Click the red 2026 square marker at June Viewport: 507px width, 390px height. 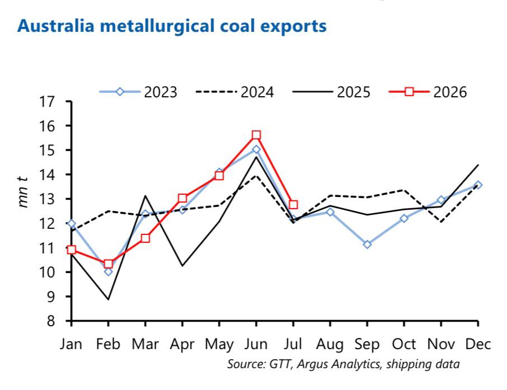[x=256, y=135]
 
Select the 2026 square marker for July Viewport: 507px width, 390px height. [x=293, y=205]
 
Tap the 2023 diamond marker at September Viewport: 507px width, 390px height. [x=367, y=245]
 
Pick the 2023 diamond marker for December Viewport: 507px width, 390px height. [x=478, y=185]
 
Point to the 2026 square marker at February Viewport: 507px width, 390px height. [x=108, y=264]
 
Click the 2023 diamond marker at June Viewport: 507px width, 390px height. [x=256, y=149]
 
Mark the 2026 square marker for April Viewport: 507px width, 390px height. [x=183, y=198]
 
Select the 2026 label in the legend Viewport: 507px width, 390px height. [x=450, y=92]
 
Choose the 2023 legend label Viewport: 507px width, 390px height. [x=161, y=92]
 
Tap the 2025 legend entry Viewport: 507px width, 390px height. [x=331, y=92]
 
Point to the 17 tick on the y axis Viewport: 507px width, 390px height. [x=47, y=102]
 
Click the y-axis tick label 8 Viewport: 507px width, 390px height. [x=51, y=321]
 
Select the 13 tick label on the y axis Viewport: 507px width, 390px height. [x=47, y=199]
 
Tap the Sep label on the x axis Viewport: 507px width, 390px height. [x=367, y=345]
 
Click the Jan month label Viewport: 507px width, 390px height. [x=71, y=344]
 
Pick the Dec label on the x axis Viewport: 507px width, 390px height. [x=478, y=344]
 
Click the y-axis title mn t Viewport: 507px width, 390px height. [x=24, y=192]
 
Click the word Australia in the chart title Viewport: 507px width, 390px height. [x=55, y=26]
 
